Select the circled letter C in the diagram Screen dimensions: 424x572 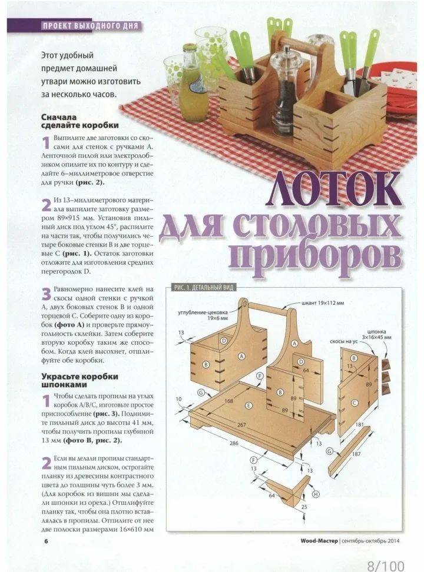point(355,403)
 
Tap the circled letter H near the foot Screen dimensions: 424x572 point(316,494)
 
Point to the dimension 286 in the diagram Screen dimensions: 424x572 point(234,443)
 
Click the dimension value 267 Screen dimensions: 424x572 point(242,425)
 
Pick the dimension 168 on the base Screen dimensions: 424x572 point(229,401)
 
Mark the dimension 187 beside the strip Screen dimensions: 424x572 point(356,454)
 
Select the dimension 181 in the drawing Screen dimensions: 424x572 point(359,424)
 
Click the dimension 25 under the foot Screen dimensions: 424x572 point(304,507)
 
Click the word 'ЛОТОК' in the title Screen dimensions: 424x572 point(333,191)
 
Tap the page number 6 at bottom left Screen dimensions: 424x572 point(47,541)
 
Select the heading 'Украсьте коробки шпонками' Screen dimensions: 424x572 point(79,381)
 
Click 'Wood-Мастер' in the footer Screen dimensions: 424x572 point(319,541)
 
